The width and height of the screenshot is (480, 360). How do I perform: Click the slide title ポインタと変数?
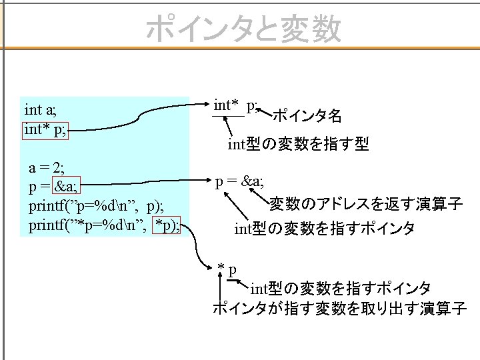[x=244, y=29]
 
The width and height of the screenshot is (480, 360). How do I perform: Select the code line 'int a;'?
[x=41, y=110]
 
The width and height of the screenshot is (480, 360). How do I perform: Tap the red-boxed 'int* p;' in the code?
[x=45, y=131]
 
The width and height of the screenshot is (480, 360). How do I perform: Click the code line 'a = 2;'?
[x=47, y=168]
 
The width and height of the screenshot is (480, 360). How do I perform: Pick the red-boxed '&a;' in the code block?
[x=66, y=185]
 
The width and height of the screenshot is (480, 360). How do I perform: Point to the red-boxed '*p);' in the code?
[x=166, y=225]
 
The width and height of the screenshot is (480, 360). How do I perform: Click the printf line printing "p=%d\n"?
[x=96, y=206]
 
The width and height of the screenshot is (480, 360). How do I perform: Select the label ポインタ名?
[x=307, y=116]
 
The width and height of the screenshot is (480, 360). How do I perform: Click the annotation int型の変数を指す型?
[x=298, y=143]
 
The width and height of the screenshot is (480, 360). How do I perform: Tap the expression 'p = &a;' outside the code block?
[x=239, y=182]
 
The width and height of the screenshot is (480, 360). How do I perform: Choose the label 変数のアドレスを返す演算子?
[x=366, y=203]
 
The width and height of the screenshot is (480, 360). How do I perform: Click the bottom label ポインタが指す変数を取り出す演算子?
[x=340, y=308]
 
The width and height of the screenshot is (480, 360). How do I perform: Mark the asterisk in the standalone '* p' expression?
[x=221, y=267]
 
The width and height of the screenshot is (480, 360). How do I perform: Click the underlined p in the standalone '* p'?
[x=233, y=271]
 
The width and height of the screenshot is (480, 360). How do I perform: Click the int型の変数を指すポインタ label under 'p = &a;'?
[x=325, y=229]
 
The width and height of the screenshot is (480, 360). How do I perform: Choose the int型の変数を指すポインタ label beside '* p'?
[x=341, y=289]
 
